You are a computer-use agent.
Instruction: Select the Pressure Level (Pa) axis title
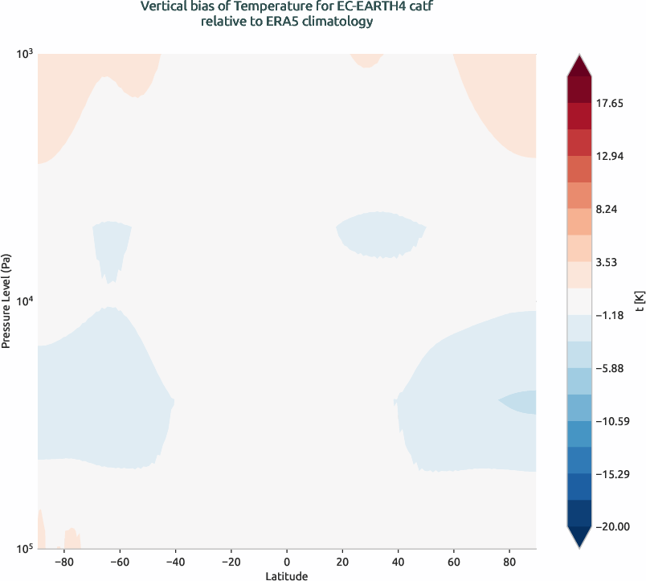(6, 301)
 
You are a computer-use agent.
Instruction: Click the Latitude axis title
(287, 575)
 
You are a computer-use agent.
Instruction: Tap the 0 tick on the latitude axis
(287, 561)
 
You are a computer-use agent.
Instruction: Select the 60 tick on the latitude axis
(454, 561)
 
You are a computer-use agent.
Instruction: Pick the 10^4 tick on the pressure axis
(24, 301)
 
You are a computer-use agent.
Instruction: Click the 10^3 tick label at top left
(24, 54)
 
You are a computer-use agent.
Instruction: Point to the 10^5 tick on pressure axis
(24, 549)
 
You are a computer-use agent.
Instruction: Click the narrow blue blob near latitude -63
(112, 245)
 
